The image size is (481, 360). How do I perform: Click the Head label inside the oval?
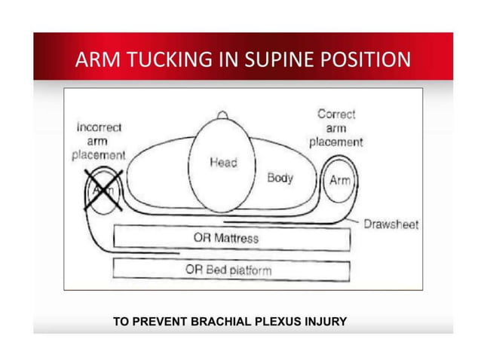[223, 163]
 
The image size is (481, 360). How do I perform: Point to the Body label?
[280, 178]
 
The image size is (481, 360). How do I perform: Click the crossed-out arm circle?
[103, 189]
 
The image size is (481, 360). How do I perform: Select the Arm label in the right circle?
[339, 182]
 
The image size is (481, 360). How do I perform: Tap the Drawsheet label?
[391, 224]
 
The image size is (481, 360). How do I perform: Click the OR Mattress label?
[225, 238]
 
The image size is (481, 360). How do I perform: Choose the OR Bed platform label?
[228, 269]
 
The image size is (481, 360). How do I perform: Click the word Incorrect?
[99, 127]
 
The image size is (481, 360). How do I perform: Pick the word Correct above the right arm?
[336, 114]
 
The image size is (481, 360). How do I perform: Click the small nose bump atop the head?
[222, 115]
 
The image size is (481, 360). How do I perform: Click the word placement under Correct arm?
[336, 142]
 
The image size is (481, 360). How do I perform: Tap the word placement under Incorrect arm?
[99, 154]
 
